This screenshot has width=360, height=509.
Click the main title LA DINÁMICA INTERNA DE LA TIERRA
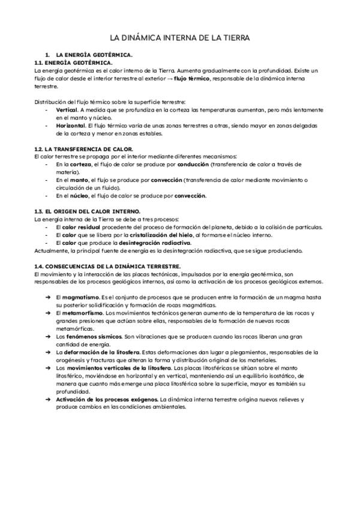pyautogui.click(x=180, y=38)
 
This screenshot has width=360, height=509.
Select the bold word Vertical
pyautogui.click(x=66, y=110)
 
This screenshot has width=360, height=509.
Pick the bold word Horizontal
pyautogui.click(x=71, y=126)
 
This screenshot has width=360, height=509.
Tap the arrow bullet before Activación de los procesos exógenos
pyautogui.click(x=47, y=399)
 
